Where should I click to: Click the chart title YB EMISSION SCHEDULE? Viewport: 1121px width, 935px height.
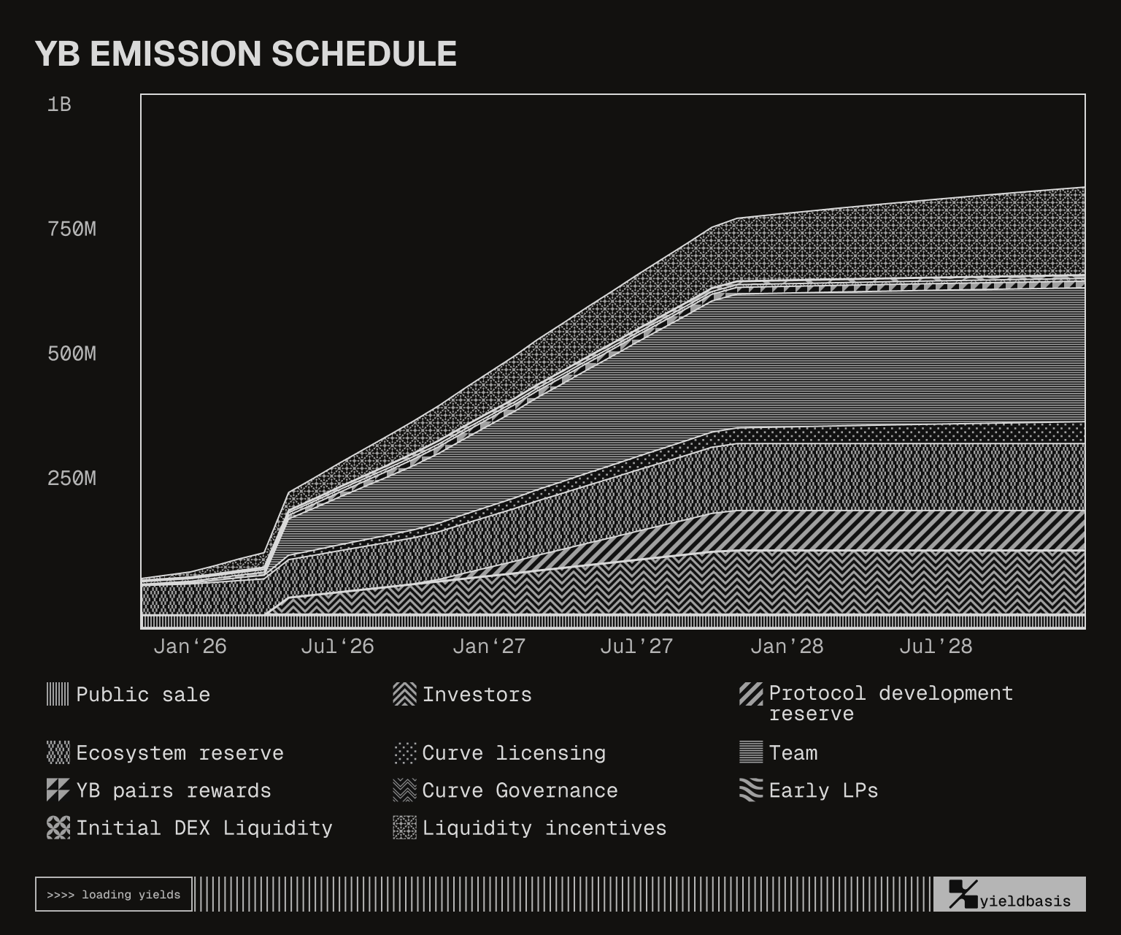coord(246,54)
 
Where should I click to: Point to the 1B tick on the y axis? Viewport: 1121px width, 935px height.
coord(59,104)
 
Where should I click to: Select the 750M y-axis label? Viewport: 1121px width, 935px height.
coord(72,229)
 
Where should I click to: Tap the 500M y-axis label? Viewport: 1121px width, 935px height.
coord(72,354)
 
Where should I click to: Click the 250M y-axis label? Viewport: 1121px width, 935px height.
coord(72,478)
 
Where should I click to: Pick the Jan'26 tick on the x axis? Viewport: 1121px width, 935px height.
coord(190,646)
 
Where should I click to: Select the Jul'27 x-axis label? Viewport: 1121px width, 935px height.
coord(636,646)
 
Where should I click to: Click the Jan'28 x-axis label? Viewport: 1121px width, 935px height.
coord(786,646)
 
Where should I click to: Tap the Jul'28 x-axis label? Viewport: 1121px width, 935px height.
coord(935,646)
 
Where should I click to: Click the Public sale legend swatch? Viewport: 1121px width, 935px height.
coord(58,694)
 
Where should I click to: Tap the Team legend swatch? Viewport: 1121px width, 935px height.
coord(751,752)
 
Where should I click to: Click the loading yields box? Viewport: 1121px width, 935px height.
coord(114,894)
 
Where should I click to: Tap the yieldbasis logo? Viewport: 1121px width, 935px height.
coord(1009,895)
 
